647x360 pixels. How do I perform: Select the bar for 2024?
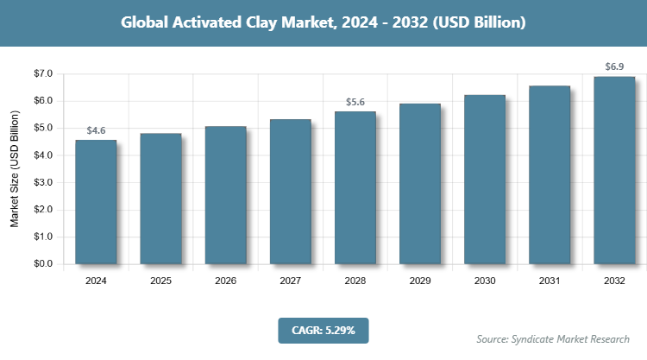click(96, 201)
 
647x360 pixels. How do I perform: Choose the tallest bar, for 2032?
click(614, 170)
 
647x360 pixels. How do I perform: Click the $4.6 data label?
click(96, 130)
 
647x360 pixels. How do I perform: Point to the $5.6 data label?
click(355, 102)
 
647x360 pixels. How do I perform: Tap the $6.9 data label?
click(614, 66)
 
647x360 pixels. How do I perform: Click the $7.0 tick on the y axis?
click(43, 74)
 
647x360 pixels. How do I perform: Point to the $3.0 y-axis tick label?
click(43, 182)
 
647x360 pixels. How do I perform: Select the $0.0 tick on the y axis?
click(43, 263)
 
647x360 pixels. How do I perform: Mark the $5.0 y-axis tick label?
click(43, 129)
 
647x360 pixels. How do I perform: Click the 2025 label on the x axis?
click(160, 281)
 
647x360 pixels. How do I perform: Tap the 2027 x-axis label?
click(290, 281)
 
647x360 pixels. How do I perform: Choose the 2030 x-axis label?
click(485, 281)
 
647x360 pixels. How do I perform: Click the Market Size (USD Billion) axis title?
click(15, 170)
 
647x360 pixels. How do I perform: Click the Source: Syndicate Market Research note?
click(553, 338)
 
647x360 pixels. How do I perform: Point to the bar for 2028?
click(355, 187)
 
